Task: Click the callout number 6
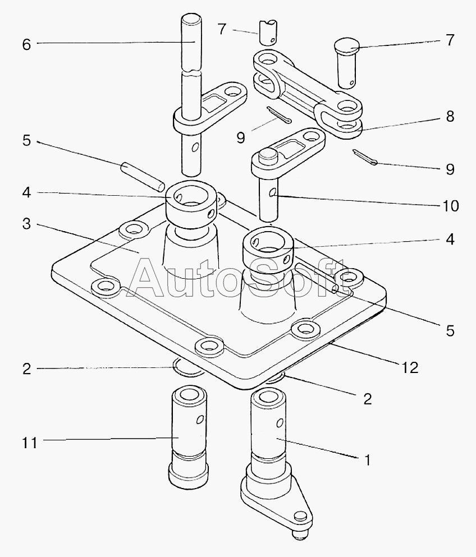[26, 45]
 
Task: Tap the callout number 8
[450, 116]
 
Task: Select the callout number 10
[450, 206]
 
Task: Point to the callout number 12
[410, 368]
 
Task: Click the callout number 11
[30, 443]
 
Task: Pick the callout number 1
[368, 460]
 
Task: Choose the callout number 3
[26, 224]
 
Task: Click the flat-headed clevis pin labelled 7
[346, 63]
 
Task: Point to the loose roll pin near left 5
[143, 177]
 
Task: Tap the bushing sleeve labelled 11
[188, 438]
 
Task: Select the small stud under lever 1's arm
[301, 535]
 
